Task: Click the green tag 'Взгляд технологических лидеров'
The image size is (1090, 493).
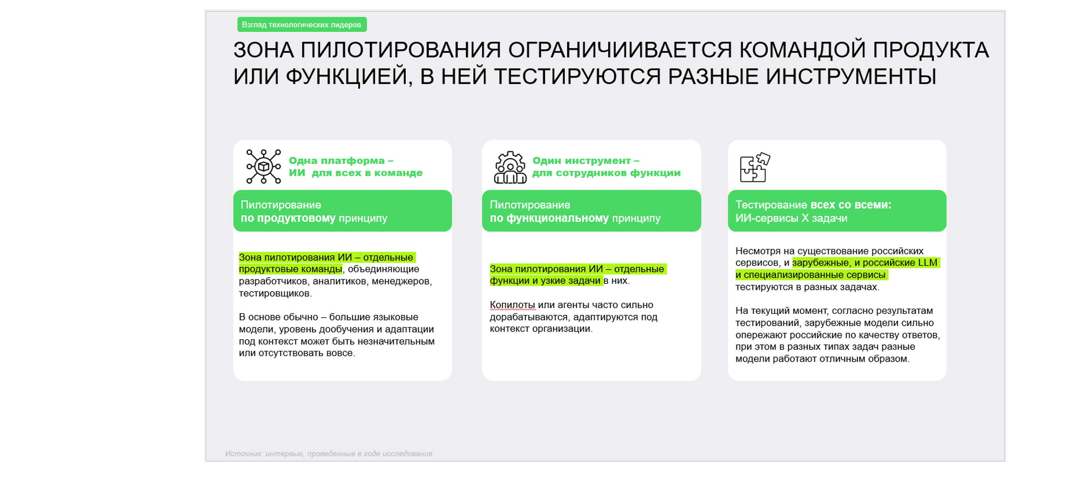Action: tap(302, 24)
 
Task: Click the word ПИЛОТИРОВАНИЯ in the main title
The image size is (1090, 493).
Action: tap(401, 50)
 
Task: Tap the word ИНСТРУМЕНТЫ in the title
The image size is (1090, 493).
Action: tap(851, 77)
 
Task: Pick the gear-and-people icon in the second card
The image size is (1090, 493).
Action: tap(510, 167)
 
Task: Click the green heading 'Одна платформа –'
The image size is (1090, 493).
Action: tap(341, 161)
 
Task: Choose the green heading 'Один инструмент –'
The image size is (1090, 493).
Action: tap(585, 161)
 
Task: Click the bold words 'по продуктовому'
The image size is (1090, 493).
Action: tap(288, 218)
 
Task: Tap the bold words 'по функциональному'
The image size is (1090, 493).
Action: tap(549, 218)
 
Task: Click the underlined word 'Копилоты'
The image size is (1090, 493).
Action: tap(512, 305)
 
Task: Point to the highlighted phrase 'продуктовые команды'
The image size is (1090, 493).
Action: tap(290, 269)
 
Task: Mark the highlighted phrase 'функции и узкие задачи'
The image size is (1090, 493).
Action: tap(545, 281)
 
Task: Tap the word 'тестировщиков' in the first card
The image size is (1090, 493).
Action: tap(275, 293)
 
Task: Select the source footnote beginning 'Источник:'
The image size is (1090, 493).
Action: tap(328, 454)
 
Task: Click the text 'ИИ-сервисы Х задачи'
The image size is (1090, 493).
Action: tap(791, 218)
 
